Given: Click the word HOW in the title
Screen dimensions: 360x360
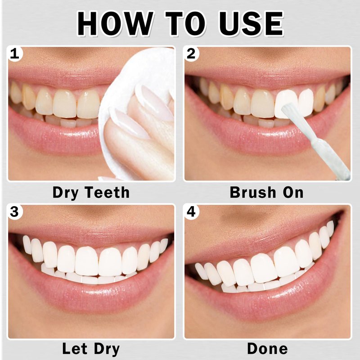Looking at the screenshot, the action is coord(115,24).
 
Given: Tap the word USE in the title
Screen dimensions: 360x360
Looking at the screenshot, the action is coord(251,24).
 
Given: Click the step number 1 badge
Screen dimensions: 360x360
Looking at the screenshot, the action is coord(15,54).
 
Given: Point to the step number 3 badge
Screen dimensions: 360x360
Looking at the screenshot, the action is coord(15,211).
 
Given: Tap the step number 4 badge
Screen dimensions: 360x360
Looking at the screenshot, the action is coord(191,211).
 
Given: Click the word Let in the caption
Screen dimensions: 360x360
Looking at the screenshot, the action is coord(75,348).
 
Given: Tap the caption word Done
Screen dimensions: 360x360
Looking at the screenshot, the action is coord(267,348).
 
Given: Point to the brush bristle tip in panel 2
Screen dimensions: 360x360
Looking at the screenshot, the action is coord(285,107).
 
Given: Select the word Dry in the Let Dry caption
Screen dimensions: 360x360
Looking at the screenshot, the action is coord(107,349).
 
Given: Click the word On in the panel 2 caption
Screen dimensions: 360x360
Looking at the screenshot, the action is coord(293,192).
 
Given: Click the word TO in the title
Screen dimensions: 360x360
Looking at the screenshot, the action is coord(185,24).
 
